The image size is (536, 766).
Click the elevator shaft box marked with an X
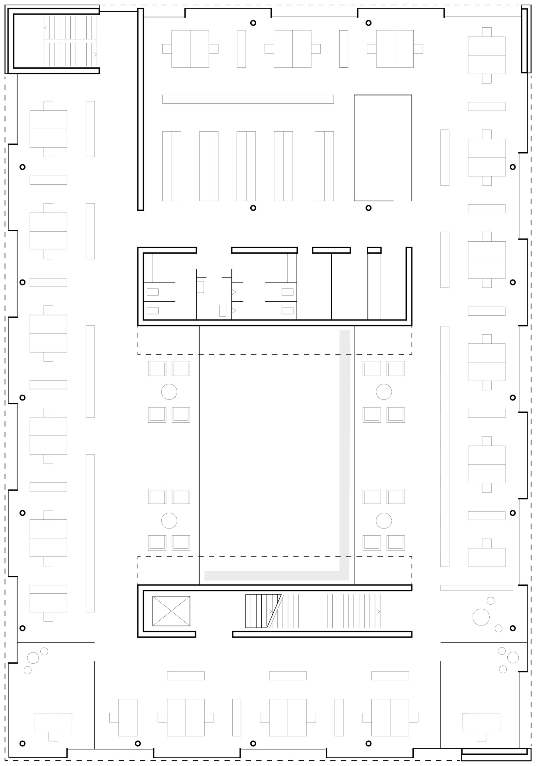(171, 611)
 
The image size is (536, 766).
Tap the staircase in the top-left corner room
(70, 41)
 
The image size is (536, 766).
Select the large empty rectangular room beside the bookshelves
(382, 147)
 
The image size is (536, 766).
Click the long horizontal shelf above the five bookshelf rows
(248, 99)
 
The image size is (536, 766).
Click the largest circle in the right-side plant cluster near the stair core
(481, 617)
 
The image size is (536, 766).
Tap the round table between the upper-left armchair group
(169, 392)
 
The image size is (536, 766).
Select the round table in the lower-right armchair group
(383, 521)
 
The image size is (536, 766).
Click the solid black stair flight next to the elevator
(259, 611)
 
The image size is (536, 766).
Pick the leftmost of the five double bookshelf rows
(172, 166)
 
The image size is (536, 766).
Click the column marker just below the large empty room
(368, 208)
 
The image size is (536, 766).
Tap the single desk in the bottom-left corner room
(53, 722)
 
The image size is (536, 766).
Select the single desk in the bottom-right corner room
(481, 722)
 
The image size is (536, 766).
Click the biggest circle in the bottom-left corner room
(33, 658)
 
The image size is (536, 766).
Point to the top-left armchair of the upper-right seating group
(371, 369)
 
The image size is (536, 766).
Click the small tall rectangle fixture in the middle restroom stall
(222, 311)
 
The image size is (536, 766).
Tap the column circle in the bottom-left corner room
(22, 743)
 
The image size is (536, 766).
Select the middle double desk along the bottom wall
(287, 717)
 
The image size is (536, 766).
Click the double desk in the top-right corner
(486, 55)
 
